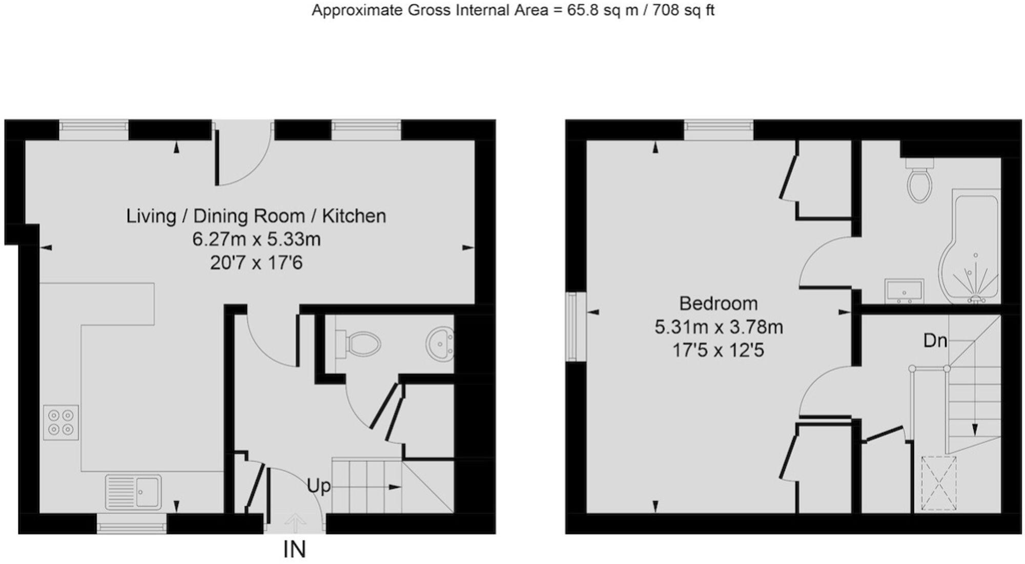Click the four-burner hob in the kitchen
[61, 422]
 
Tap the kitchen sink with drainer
[133, 491]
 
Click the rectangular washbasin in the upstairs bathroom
[904, 291]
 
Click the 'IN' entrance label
[295, 550]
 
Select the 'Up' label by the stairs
[318, 486]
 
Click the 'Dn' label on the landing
[935, 341]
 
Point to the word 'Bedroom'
[718, 303]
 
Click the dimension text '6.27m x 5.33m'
[256, 239]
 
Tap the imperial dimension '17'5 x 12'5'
[718, 350]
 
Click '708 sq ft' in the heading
[683, 10]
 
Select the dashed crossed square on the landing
[939, 484]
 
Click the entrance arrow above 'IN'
[295, 523]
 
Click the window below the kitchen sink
[132, 524]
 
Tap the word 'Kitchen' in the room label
[354, 216]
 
